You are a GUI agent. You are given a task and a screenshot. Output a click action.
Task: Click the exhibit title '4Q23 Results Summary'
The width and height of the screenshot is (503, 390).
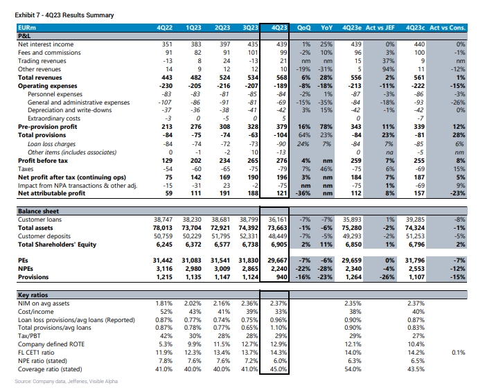(x=80, y=15)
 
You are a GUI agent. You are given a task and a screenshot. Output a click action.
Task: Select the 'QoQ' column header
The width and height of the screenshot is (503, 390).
(x=303, y=28)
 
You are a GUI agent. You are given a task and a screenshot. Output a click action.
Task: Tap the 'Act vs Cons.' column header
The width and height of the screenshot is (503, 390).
(x=447, y=28)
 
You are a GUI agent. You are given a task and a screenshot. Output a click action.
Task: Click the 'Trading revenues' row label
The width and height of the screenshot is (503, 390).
(x=42, y=61)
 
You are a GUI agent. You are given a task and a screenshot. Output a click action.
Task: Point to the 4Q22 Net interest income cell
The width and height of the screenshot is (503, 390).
(x=167, y=44)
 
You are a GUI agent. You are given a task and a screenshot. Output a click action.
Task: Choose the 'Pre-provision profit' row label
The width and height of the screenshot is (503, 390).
(x=48, y=127)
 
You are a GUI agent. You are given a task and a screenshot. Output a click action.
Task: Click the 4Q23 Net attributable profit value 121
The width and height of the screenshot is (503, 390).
(x=282, y=193)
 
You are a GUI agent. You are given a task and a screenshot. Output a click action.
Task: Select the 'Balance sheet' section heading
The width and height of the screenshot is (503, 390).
(x=39, y=211)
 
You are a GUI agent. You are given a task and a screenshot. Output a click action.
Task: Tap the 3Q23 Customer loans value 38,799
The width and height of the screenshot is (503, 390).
(x=249, y=220)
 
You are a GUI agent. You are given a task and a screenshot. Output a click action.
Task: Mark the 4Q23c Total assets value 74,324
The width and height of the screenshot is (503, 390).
(x=415, y=228)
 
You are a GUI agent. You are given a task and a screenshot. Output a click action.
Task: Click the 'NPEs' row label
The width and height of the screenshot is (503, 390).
(x=26, y=269)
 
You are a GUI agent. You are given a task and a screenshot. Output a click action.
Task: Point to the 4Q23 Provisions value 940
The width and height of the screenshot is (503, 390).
(x=282, y=277)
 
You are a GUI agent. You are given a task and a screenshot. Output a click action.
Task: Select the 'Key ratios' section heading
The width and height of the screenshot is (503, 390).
(x=33, y=294)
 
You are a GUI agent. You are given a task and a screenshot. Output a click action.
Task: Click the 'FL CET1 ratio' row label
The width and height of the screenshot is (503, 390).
(x=36, y=353)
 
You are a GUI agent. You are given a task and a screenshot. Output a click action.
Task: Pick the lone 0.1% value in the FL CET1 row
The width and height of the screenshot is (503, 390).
(x=459, y=353)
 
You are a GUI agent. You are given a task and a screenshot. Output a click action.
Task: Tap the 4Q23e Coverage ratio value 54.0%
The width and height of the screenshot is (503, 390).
(x=353, y=369)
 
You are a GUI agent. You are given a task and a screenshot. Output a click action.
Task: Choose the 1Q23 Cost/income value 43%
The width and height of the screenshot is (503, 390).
(x=195, y=312)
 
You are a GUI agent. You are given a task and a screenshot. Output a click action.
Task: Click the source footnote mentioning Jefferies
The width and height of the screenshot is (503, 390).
(x=66, y=381)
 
